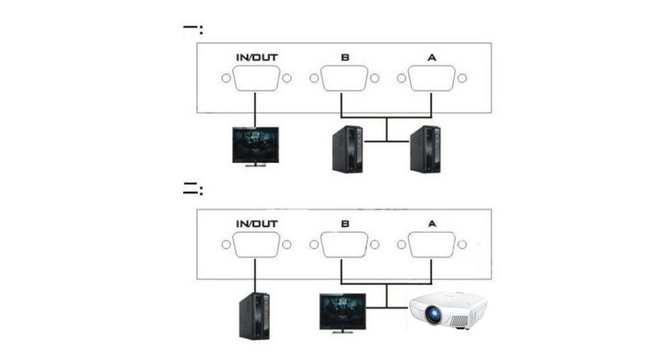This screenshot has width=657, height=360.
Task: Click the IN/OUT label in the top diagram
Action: [255, 59]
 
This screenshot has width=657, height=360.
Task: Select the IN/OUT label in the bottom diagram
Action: [255, 222]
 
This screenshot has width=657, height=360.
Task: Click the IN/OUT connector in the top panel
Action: [255, 80]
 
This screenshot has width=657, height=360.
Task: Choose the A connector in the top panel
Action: [429, 80]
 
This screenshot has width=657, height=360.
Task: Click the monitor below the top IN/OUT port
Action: [255, 145]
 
